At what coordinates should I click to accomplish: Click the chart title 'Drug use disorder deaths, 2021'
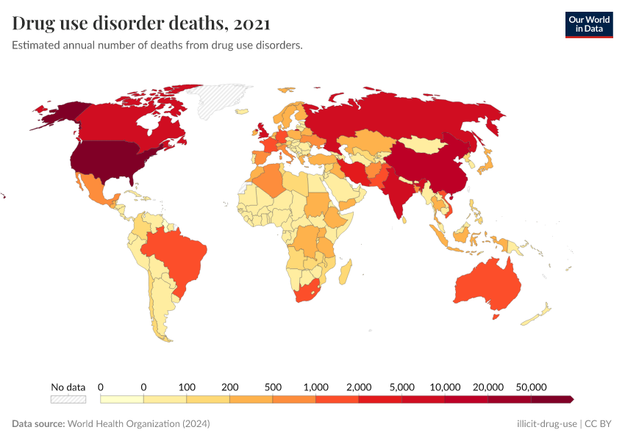[141, 24]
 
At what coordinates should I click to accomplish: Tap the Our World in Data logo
[588, 24]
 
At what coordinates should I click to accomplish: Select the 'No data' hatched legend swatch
[68, 399]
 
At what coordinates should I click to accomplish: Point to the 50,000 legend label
[531, 387]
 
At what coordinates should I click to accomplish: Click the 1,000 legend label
[315, 387]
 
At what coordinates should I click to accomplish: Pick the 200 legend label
[229, 387]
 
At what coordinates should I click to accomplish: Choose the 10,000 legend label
[445, 387]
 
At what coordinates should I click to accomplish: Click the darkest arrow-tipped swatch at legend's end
[552, 399]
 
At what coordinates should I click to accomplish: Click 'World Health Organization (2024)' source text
[139, 424]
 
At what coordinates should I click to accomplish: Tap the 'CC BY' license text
[599, 424]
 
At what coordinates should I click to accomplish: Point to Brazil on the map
[176, 254]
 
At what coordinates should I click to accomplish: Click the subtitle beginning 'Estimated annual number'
[157, 46]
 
